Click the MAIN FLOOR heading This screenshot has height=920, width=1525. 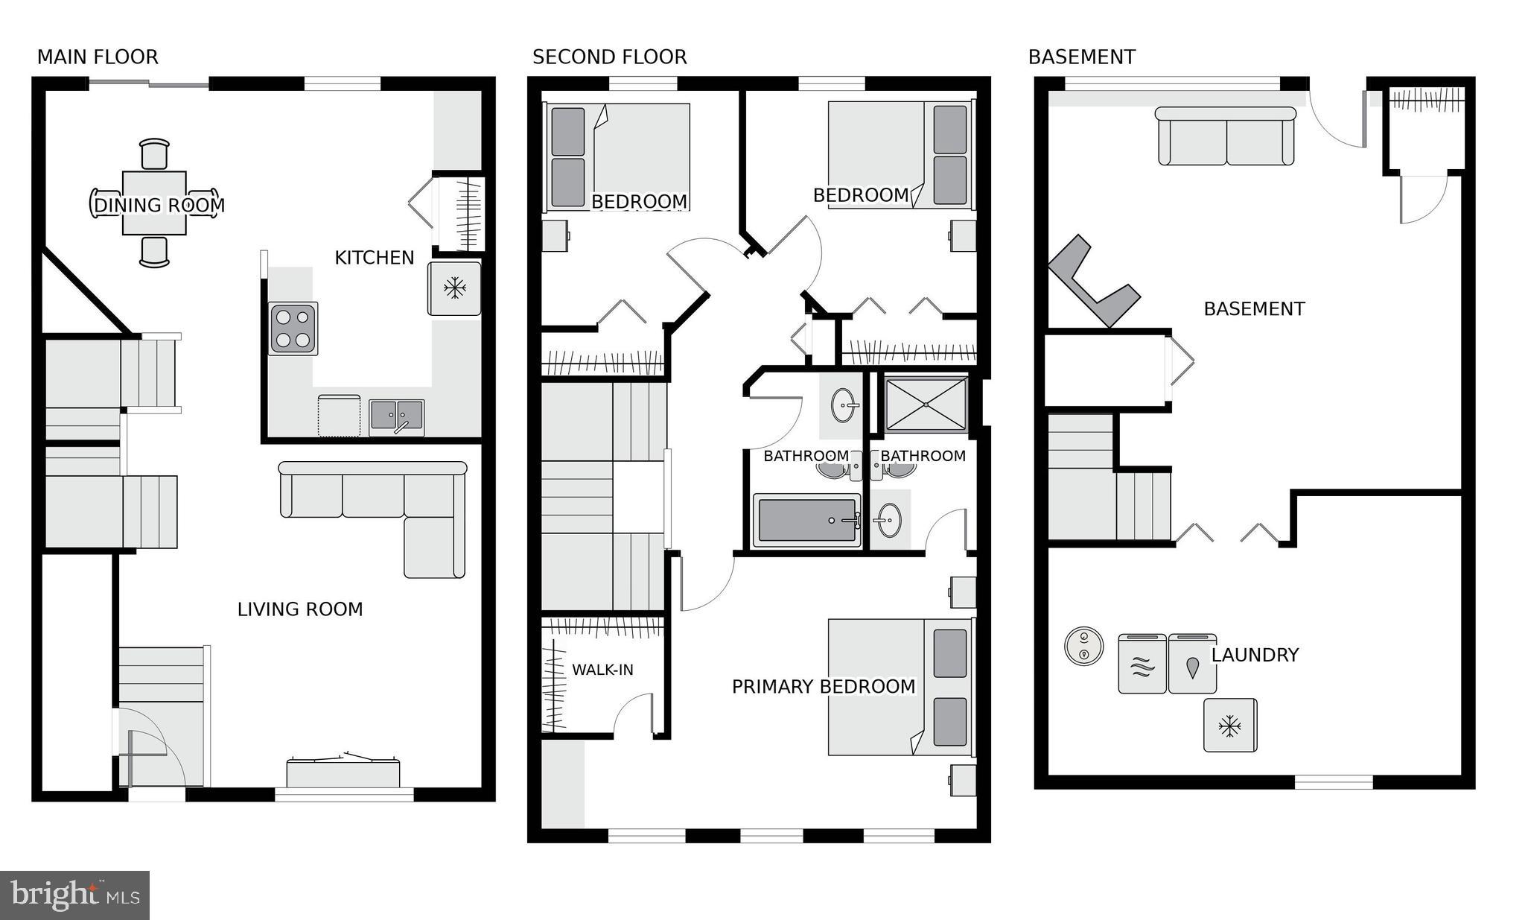(98, 57)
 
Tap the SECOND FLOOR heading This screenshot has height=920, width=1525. (609, 57)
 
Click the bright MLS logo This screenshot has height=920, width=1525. (74, 895)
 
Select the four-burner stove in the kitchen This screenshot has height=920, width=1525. (293, 328)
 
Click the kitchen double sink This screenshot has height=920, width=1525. (396, 416)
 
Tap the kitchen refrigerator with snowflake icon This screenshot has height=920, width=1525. (453, 288)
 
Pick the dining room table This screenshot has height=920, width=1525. (154, 203)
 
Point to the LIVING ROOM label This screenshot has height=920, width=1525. (300, 609)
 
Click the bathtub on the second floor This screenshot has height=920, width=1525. (806, 519)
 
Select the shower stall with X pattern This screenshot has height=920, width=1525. (926, 404)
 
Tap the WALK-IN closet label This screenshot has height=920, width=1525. (602, 670)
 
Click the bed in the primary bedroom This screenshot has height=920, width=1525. (900, 685)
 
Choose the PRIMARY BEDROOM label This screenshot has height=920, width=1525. (823, 687)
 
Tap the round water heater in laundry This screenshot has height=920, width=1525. (1083, 646)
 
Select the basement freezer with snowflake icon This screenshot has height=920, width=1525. (1230, 725)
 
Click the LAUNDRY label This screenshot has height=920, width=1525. (1255, 655)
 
